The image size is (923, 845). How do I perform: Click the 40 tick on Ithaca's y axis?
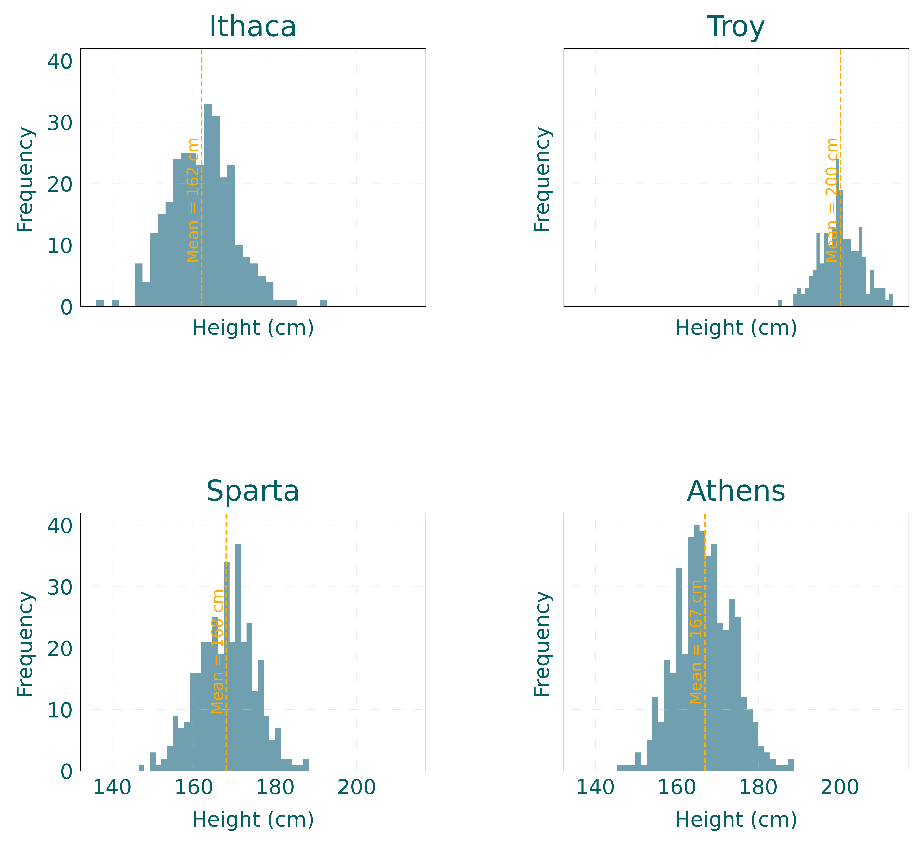click(59, 61)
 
